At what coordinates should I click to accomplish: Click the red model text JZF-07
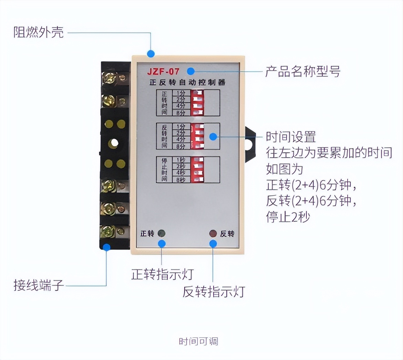click(163, 72)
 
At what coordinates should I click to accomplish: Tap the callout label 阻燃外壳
click(39, 32)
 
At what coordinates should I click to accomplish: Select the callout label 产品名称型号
click(303, 71)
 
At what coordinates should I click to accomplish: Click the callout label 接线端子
click(39, 285)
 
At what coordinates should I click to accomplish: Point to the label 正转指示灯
click(162, 274)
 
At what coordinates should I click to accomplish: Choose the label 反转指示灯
click(214, 292)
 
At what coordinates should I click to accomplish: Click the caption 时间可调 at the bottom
click(198, 341)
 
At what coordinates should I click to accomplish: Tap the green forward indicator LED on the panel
click(161, 234)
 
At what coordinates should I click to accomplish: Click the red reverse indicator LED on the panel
click(213, 234)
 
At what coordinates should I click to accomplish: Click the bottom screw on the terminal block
click(109, 232)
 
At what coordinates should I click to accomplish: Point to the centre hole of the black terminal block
click(114, 143)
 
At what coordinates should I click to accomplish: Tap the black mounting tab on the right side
click(250, 143)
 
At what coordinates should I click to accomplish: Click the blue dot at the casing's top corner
click(151, 54)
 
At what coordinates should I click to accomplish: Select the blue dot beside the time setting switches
click(213, 137)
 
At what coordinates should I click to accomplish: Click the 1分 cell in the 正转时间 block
click(181, 93)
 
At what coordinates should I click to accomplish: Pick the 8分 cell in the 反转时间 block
click(181, 146)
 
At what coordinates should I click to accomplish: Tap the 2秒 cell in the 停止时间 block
click(181, 166)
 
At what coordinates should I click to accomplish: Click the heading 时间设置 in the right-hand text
click(291, 137)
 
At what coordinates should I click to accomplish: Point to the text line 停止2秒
click(288, 217)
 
